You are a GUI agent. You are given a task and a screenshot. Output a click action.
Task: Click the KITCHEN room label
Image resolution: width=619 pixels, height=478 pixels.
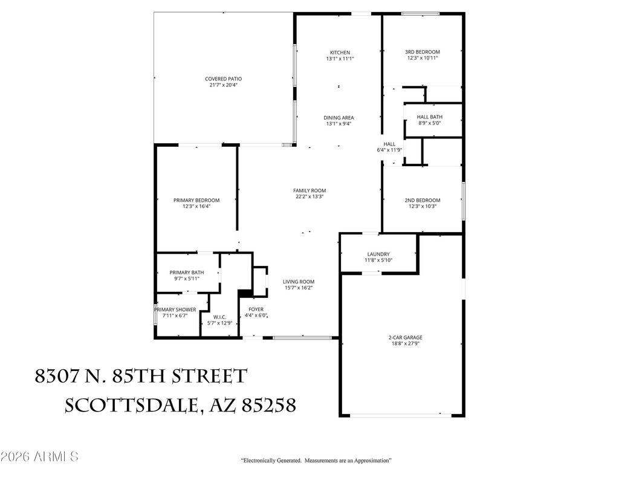pyautogui.click(x=340, y=53)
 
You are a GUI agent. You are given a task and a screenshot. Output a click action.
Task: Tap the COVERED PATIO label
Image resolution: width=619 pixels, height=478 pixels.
pyautogui.click(x=224, y=79)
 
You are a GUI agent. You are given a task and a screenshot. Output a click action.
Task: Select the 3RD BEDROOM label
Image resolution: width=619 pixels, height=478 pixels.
pyautogui.click(x=423, y=52)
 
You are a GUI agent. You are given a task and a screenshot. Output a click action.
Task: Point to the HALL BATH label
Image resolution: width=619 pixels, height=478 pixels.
pyautogui.click(x=430, y=117)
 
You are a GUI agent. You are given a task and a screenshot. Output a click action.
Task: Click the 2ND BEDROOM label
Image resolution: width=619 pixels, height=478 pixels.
pyautogui.click(x=423, y=200)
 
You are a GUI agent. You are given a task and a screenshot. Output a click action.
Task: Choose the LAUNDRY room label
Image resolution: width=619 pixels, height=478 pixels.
pyautogui.click(x=378, y=254)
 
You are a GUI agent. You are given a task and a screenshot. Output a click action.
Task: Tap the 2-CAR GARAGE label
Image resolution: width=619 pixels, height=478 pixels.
pyautogui.click(x=406, y=337)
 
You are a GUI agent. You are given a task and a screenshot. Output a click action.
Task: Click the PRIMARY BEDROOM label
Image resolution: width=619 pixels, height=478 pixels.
pyautogui.click(x=196, y=200)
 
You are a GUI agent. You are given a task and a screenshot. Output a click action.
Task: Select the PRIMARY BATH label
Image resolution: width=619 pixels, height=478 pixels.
pyautogui.click(x=187, y=273)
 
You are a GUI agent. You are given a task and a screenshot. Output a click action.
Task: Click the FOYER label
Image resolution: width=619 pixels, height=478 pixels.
pyautogui.click(x=256, y=309)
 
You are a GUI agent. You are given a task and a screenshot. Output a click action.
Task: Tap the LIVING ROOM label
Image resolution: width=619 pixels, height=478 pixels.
pyautogui.click(x=299, y=282)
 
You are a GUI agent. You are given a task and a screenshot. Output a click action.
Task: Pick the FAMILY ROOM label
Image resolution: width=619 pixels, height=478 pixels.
pyautogui.click(x=309, y=190)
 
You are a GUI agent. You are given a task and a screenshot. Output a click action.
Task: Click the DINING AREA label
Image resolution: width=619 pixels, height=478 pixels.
pyautogui.click(x=339, y=118)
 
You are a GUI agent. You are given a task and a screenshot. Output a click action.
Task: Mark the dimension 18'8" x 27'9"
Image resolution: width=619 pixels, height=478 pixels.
pyautogui.click(x=406, y=344)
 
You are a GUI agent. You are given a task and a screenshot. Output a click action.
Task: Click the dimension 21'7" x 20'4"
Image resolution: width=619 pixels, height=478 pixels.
pyautogui.click(x=224, y=85)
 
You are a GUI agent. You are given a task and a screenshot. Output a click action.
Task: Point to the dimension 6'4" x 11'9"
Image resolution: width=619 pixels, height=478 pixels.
pyautogui.click(x=389, y=150)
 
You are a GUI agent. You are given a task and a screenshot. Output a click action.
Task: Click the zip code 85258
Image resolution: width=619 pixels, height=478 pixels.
pyautogui.click(x=268, y=405)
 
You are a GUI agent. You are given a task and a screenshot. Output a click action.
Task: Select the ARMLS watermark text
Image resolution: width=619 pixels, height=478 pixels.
pyautogui.click(x=56, y=457)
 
